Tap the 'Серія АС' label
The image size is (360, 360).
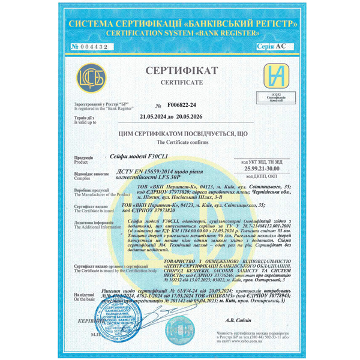tap(271, 46)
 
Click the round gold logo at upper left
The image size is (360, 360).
tap(88, 79)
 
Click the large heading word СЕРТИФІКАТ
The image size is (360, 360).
tap(180, 71)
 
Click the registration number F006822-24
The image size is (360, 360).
tap(180, 104)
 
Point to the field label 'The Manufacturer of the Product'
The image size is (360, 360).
tap(98, 195)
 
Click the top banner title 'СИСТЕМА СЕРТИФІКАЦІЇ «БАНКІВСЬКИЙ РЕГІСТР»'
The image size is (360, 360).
tap(180, 23)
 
